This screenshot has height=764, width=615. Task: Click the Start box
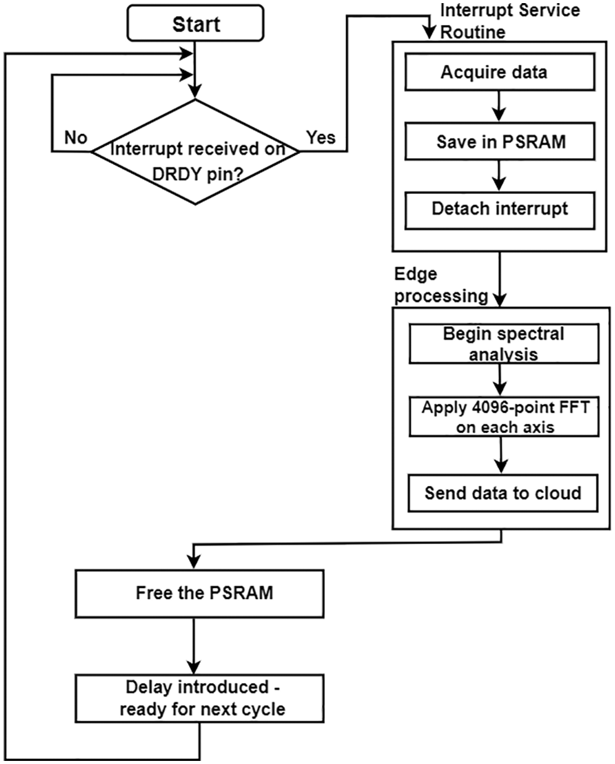(195, 25)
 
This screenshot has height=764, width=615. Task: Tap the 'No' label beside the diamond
(75, 138)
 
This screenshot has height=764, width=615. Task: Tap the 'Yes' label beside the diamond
(321, 138)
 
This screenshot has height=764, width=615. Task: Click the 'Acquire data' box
(499, 73)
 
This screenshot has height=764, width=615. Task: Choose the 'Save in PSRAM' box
(499, 142)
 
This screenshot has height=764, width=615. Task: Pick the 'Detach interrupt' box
(499, 209)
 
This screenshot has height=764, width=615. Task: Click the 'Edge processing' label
(440, 285)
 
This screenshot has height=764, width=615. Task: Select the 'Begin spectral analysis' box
(503, 344)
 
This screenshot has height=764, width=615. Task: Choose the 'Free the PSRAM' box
(199, 594)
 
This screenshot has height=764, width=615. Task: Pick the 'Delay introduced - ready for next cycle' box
(199, 699)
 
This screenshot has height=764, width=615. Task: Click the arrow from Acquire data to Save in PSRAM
(499, 106)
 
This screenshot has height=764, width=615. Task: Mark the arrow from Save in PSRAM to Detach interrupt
(499, 175)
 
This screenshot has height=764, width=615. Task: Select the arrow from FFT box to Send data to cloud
(503, 455)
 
